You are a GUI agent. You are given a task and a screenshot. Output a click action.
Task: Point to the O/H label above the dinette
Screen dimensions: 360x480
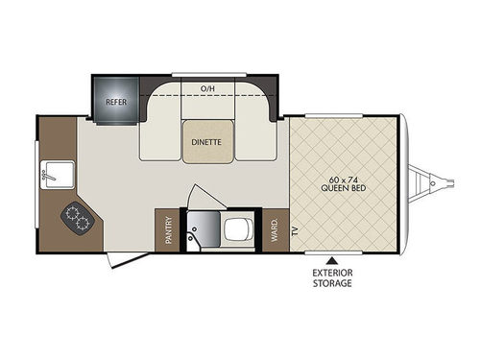207,88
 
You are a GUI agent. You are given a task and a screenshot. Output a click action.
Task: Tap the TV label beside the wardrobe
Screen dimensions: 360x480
294,231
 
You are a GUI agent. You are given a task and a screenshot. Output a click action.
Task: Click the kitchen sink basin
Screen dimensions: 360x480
59,177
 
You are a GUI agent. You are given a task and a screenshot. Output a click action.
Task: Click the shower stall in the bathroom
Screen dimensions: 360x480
200,230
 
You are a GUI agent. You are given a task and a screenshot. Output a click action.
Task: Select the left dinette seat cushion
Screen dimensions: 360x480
159,130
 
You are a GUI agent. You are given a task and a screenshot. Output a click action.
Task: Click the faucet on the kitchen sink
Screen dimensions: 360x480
45,177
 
